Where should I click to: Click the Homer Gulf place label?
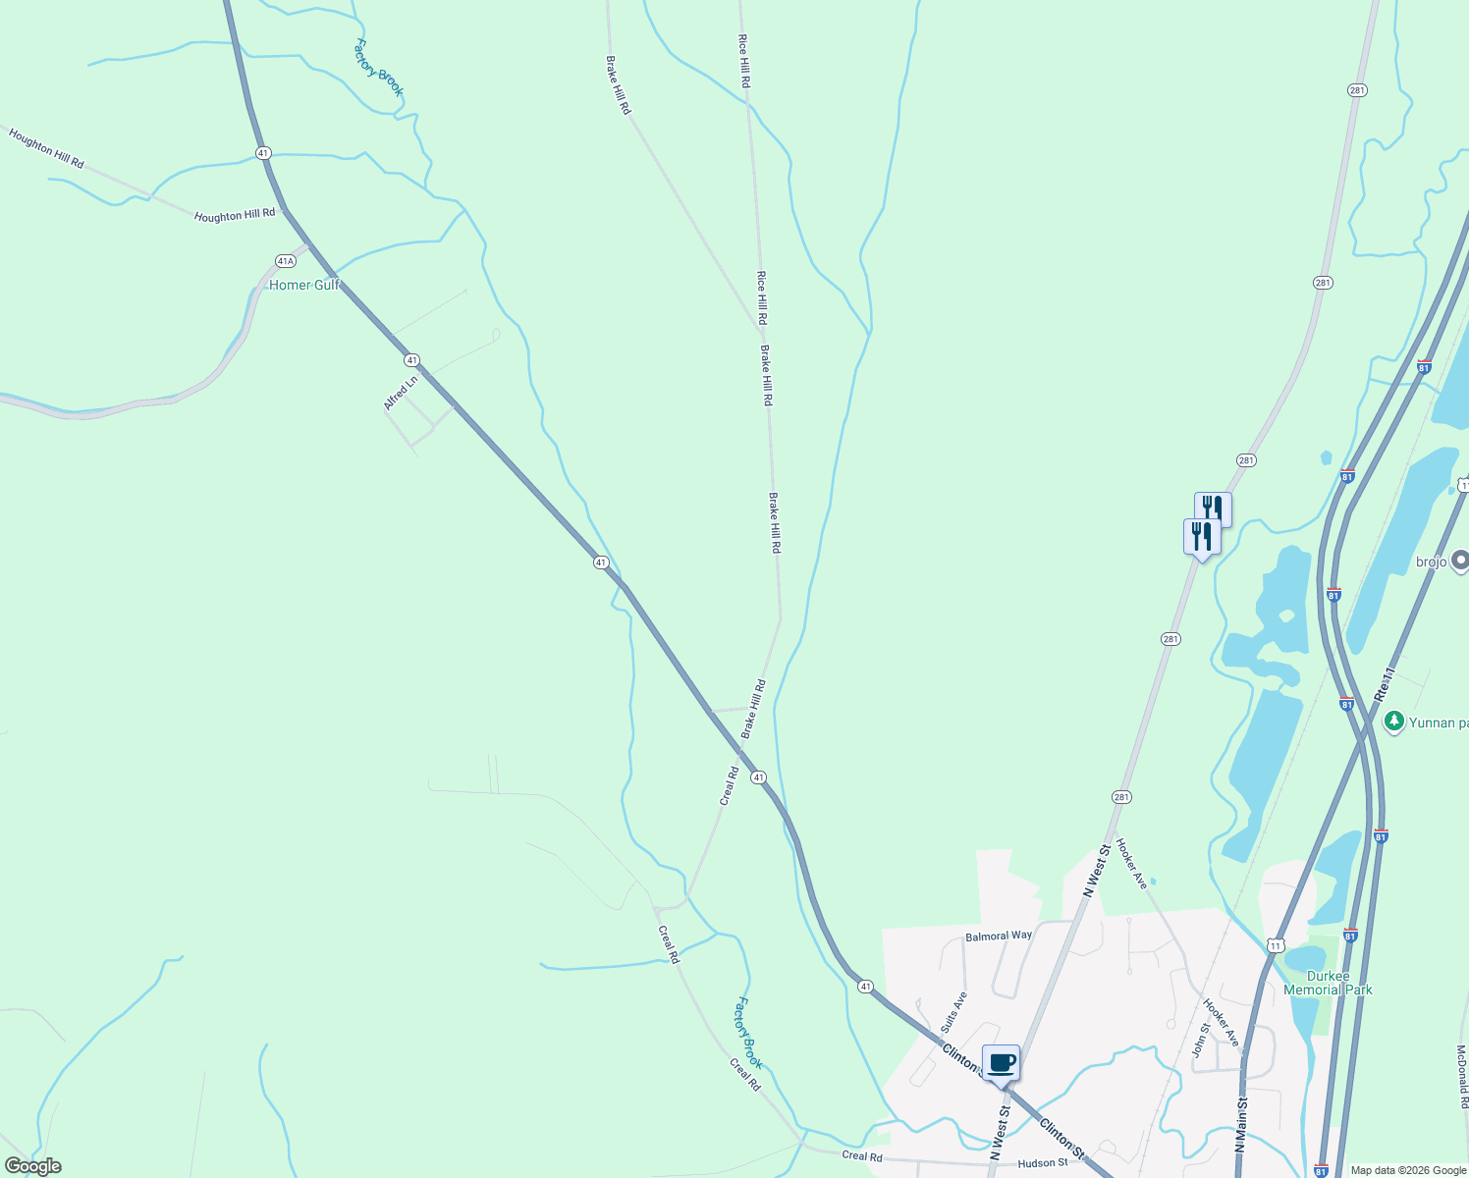coord(304,285)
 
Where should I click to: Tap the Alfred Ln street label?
coord(401,393)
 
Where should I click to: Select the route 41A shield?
coord(285,261)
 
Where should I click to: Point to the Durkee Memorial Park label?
coord(1328,983)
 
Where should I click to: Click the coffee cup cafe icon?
coord(1001,1063)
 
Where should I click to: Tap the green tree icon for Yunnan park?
coord(1392,722)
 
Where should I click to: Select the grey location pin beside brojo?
coord(1460,561)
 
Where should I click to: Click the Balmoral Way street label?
coord(999,936)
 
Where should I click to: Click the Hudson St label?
coord(1043,1163)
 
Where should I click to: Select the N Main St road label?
coord(1242,1125)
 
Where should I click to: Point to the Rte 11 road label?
coord(1385,684)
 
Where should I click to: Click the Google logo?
coord(33,1166)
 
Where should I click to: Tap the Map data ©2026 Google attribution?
coord(1408,1170)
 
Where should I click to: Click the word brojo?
coord(1431,562)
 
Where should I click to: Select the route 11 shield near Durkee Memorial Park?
coord(1275,945)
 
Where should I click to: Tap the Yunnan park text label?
coord(1439,723)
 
